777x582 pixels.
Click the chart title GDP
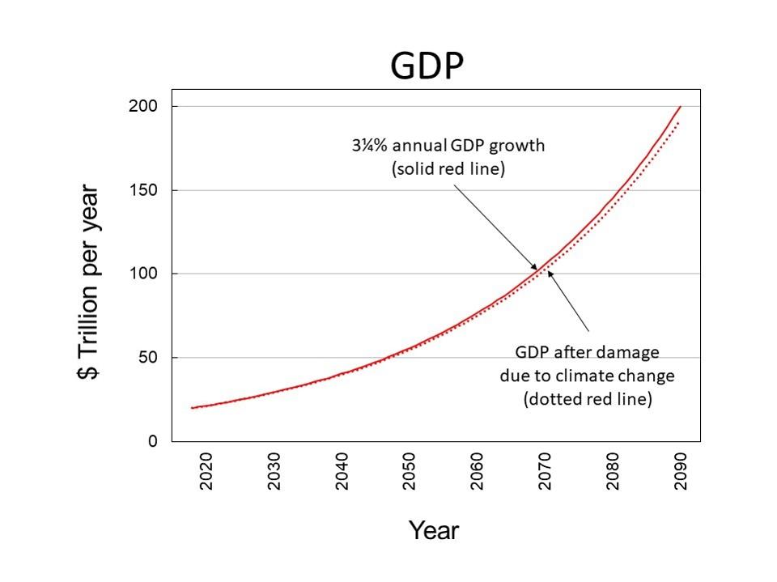coord(427,66)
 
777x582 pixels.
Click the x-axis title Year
coord(433,531)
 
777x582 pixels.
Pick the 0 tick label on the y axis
coord(152,442)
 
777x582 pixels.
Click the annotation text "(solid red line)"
coord(448,169)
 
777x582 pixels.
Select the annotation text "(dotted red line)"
coord(587,399)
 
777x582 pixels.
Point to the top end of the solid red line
coord(680,107)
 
